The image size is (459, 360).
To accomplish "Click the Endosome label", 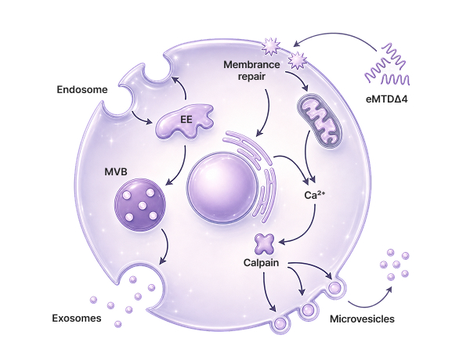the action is click(x=82, y=89).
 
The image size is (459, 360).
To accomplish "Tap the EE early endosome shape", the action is click(x=184, y=121).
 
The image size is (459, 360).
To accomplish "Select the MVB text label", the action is click(x=116, y=171).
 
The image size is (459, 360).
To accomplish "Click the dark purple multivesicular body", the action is click(x=140, y=205).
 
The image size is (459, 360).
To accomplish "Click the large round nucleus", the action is click(x=222, y=188).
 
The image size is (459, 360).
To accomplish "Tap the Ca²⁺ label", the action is click(x=314, y=195).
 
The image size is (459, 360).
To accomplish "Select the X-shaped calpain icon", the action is click(x=264, y=243).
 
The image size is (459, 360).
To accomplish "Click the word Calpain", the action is click(x=261, y=263).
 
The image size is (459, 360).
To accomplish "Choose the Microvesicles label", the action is click(x=362, y=319).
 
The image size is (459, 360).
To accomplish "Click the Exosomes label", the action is click(x=77, y=319).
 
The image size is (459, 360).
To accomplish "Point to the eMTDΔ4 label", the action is click(x=387, y=99).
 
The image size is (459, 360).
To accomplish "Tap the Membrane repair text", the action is click(x=251, y=70).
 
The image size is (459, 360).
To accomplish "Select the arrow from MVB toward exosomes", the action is click(x=168, y=246).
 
